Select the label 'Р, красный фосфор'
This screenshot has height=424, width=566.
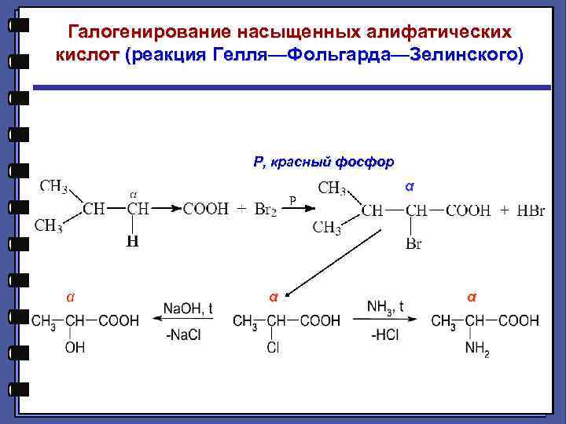click(323, 162)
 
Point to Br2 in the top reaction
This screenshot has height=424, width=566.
click(265, 210)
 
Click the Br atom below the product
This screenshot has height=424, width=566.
click(413, 244)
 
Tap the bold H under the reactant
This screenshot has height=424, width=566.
click(132, 243)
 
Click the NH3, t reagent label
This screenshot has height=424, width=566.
click(385, 307)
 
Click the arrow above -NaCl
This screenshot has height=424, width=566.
click(186, 321)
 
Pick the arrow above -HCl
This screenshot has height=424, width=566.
click(385, 321)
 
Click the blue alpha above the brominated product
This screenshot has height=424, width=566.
click(408, 188)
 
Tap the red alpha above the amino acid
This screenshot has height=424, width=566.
click(470, 298)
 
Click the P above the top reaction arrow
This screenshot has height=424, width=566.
click(292, 200)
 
